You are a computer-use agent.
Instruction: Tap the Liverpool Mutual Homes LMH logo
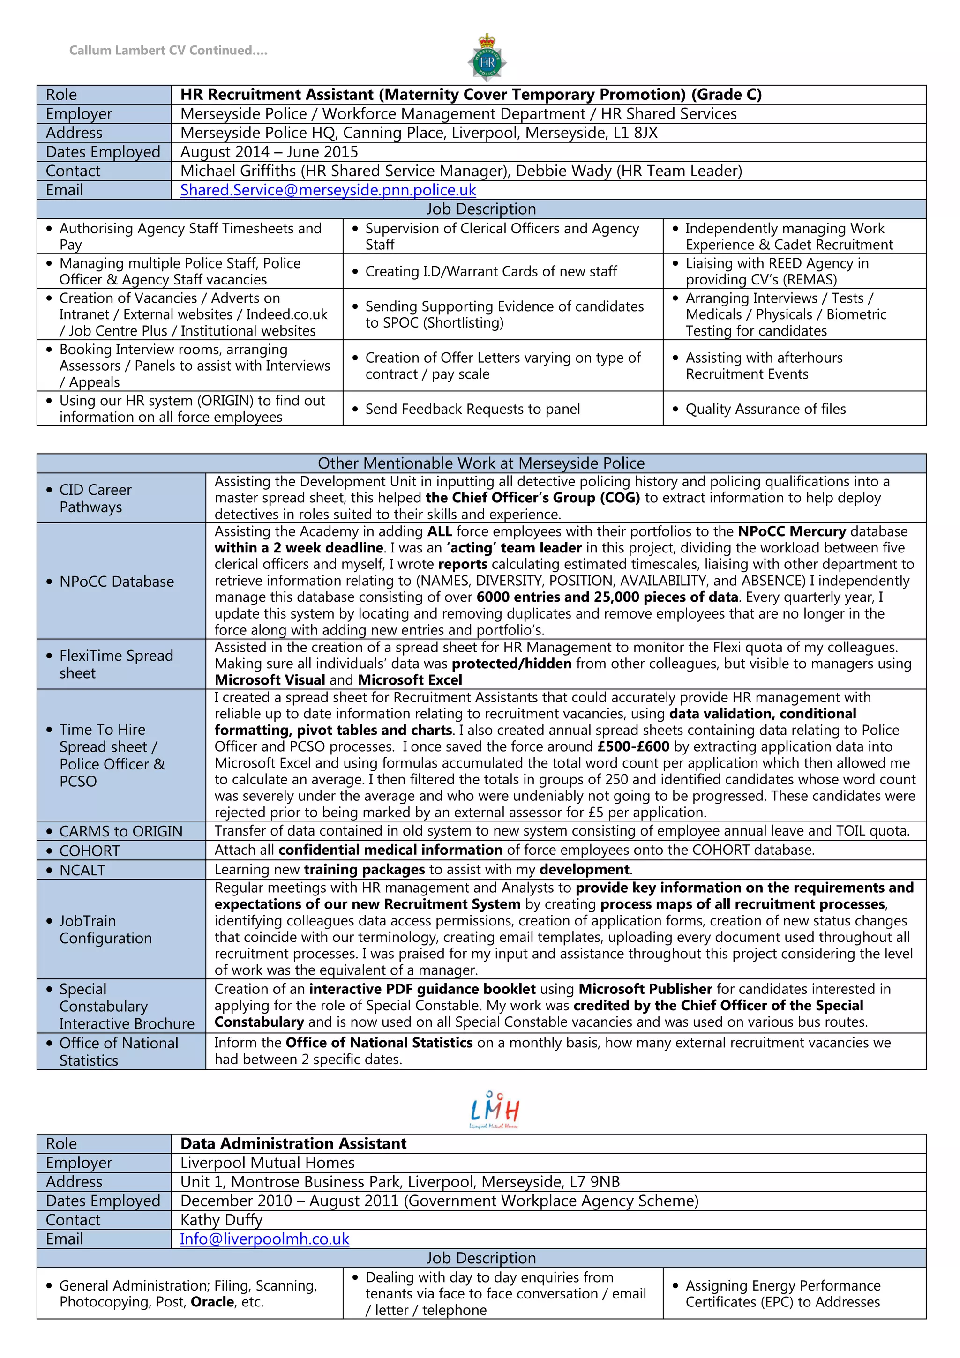(495, 1110)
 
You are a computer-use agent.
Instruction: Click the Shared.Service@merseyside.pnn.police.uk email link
(328, 190)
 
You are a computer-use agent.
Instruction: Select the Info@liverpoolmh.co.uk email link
(264, 1239)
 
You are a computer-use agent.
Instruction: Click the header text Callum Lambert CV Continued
(168, 50)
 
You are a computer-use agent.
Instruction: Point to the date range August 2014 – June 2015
(269, 152)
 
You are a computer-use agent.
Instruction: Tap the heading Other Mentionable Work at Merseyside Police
(481, 463)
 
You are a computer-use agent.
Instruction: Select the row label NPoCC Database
(117, 582)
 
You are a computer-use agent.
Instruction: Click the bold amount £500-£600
(633, 746)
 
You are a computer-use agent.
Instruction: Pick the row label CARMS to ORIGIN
(120, 831)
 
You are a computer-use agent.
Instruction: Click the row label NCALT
(82, 870)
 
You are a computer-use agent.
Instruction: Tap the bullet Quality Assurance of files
(765, 409)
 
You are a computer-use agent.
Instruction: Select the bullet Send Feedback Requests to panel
(472, 409)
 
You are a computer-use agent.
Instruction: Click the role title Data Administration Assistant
(293, 1143)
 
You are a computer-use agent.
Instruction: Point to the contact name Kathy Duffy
(221, 1220)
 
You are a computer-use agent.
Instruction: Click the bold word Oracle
(212, 1302)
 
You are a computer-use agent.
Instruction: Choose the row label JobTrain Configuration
(105, 929)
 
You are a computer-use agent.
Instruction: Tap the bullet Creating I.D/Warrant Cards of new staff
(490, 271)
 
